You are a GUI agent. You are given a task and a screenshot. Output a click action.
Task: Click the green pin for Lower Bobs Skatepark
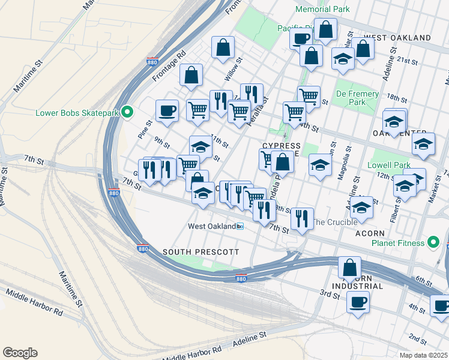[x=127, y=112]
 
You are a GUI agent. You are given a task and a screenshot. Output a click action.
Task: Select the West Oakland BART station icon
[x=240, y=226]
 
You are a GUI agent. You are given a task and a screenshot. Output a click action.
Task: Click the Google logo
[x=20, y=353]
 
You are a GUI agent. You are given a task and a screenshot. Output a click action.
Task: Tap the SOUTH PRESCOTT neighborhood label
[x=200, y=252]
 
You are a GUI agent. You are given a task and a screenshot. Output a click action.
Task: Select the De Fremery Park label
[x=357, y=98]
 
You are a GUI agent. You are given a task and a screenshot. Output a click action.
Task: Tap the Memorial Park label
[x=323, y=10]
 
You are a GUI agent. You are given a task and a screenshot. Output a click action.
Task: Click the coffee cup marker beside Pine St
[x=167, y=110]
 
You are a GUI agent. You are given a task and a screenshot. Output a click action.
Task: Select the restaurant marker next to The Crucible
[x=302, y=219]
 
